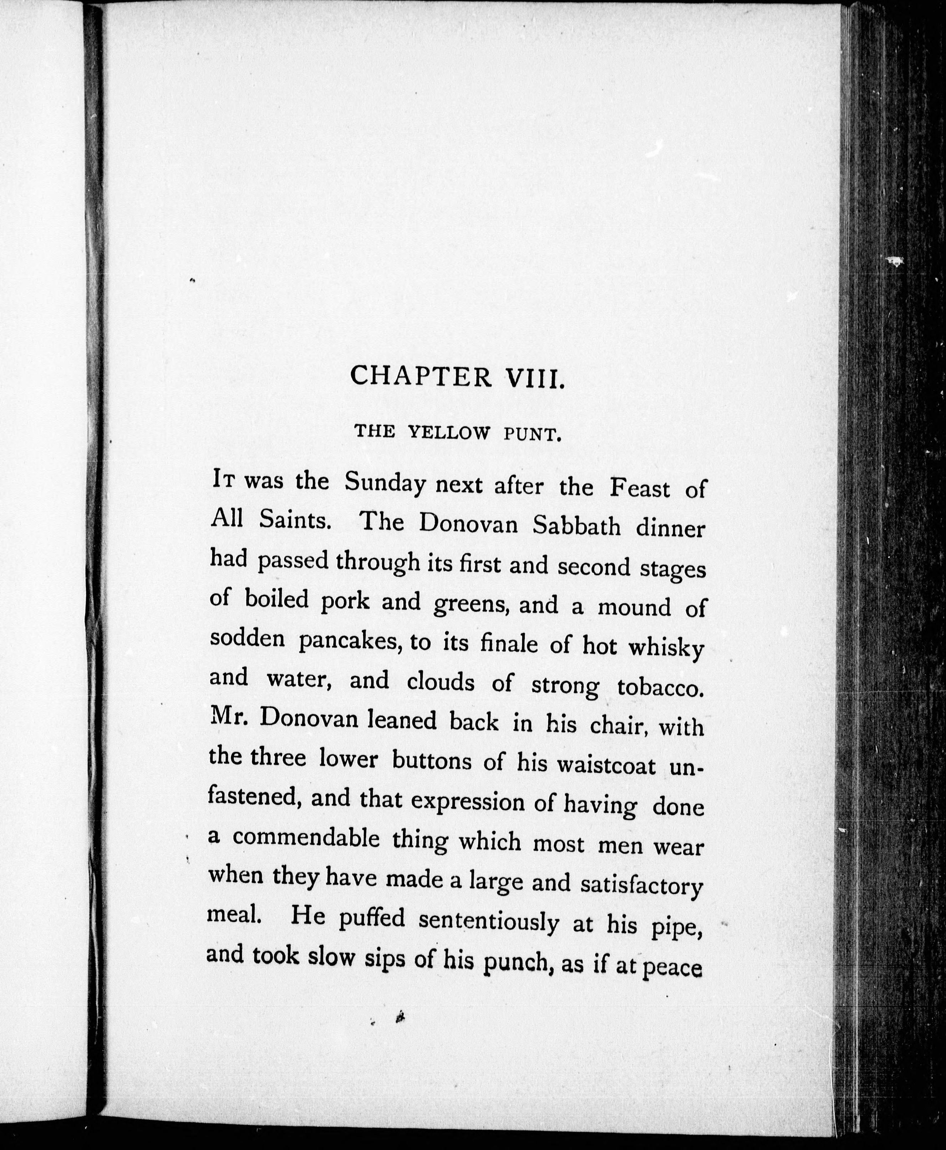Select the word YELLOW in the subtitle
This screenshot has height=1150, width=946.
click(x=449, y=433)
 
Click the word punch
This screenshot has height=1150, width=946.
click(x=515, y=963)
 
